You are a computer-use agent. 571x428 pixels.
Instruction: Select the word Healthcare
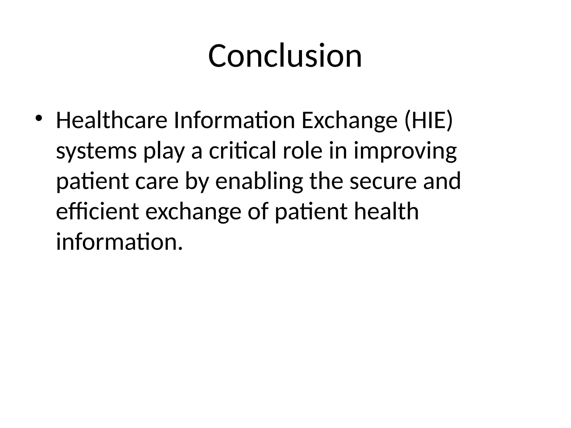click(x=112, y=121)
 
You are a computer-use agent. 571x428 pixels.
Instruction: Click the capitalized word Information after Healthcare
click(x=234, y=121)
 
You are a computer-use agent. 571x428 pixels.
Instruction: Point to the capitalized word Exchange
click(x=349, y=121)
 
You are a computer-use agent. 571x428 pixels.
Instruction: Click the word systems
click(x=96, y=151)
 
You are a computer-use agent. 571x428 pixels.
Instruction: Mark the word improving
click(x=405, y=151)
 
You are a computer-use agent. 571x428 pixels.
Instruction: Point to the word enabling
click(x=259, y=181)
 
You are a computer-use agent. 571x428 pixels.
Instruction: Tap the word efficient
click(x=97, y=211)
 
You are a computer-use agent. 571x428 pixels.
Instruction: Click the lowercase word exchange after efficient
click(x=193, y=211)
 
